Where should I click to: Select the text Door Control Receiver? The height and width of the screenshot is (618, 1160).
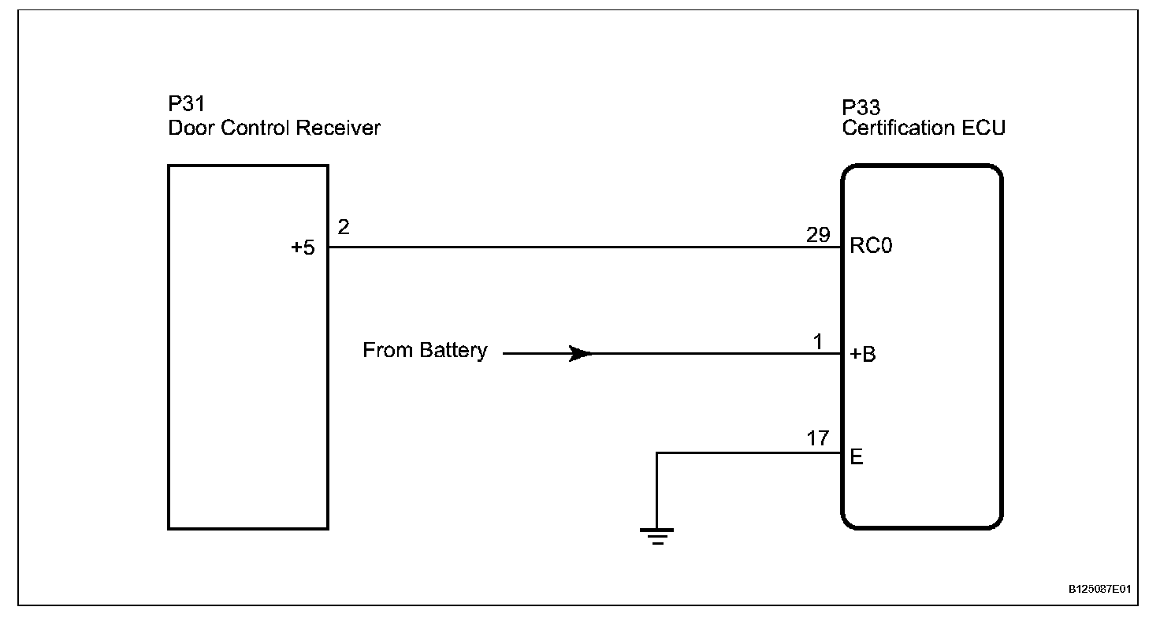tap(274, 128)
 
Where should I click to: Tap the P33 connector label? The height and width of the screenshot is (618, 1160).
tap(861, 106)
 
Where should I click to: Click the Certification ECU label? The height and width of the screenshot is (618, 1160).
tap(924, 128)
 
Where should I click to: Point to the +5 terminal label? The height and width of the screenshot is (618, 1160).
tap(303, 248)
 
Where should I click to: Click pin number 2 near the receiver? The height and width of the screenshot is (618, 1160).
tap(343, 228)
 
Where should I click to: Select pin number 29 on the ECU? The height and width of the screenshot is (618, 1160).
tap(817, 236)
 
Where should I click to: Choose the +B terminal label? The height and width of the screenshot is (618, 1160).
tap(863, 354)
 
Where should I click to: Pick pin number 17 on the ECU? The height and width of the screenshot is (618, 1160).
tap(818, 438)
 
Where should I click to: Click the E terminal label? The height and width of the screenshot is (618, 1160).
tap(857, 457)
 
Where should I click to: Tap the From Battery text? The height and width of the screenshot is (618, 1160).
tap(425, 351)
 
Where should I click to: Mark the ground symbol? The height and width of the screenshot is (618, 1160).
tap(656, 536)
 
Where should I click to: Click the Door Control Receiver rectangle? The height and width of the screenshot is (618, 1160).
tap(248, 394)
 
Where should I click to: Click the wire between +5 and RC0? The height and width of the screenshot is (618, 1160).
tap(583, 247)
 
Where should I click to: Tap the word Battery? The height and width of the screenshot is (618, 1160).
tap(454, 351)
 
